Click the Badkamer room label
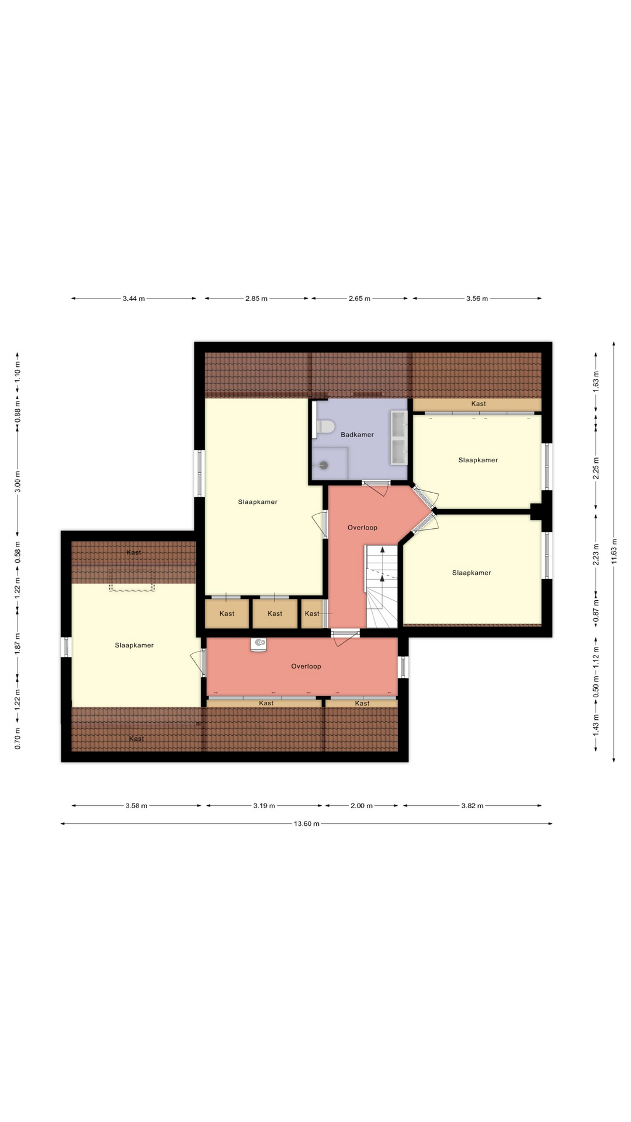coord(357,435)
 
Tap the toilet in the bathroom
coord(324,427)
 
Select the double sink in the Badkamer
coord(399,437)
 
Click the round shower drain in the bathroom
coord(323,465)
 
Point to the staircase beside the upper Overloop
coord(382,586)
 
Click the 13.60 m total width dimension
coord(307,824)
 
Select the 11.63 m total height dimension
coord(613,551)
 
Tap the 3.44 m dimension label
coord(134,299)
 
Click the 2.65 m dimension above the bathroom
coord(359,299)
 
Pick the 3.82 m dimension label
coord(472,806)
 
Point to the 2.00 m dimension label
coord(362,806)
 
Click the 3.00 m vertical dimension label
coord(18,482)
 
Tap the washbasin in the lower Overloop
coord(259,643)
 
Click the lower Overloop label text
coord(306,666)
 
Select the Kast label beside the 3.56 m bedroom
coord(479,404)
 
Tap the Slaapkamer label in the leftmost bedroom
coord(134,645)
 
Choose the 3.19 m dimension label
coord(264,806)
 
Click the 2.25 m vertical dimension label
coord(596,468)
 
